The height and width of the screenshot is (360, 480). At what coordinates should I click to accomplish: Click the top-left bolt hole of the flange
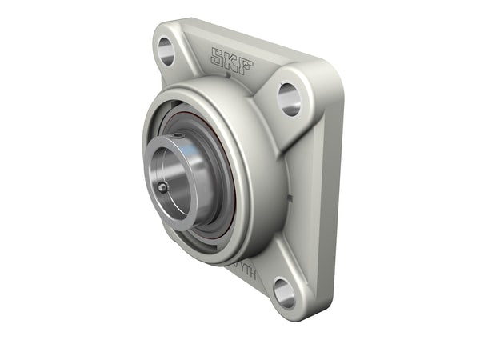pos(166,50)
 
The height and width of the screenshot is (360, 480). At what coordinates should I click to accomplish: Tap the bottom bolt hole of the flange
pos(283,292)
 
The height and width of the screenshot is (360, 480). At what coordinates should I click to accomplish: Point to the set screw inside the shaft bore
pos(162,187)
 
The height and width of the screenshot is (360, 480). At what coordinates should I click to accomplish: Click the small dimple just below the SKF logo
pos(228,78)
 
